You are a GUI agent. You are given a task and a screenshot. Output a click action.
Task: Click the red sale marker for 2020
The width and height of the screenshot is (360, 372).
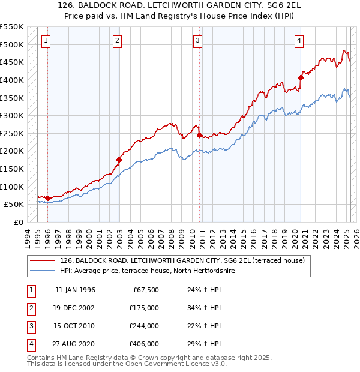coord(301,77)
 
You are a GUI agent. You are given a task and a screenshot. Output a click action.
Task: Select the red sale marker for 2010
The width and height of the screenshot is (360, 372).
coord(199,135)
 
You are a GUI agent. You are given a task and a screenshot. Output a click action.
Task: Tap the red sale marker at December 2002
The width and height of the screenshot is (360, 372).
coord(119,160)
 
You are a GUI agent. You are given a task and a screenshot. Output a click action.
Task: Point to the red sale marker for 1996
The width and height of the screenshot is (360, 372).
coord(47,197)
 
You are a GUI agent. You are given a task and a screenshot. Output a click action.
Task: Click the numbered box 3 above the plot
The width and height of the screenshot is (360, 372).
coord(197,41)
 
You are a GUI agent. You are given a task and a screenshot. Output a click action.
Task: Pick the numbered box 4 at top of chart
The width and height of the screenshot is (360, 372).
coord(299,41)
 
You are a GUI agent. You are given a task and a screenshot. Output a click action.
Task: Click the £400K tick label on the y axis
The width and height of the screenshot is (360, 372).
coord(13,80)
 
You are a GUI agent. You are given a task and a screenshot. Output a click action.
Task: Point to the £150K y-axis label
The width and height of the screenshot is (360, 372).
coord(13,169)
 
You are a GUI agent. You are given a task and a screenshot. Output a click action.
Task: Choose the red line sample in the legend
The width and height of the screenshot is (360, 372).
coord(41,260)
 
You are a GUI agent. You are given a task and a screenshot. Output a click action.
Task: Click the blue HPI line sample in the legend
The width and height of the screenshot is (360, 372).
coord(41,271)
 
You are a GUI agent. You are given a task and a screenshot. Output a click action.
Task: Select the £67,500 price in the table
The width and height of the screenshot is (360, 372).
coord(145,290)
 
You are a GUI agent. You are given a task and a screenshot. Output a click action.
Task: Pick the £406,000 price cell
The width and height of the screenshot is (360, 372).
coord(143,344)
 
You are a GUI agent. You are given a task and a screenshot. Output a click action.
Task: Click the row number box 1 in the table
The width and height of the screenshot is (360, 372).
coord(30,290)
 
